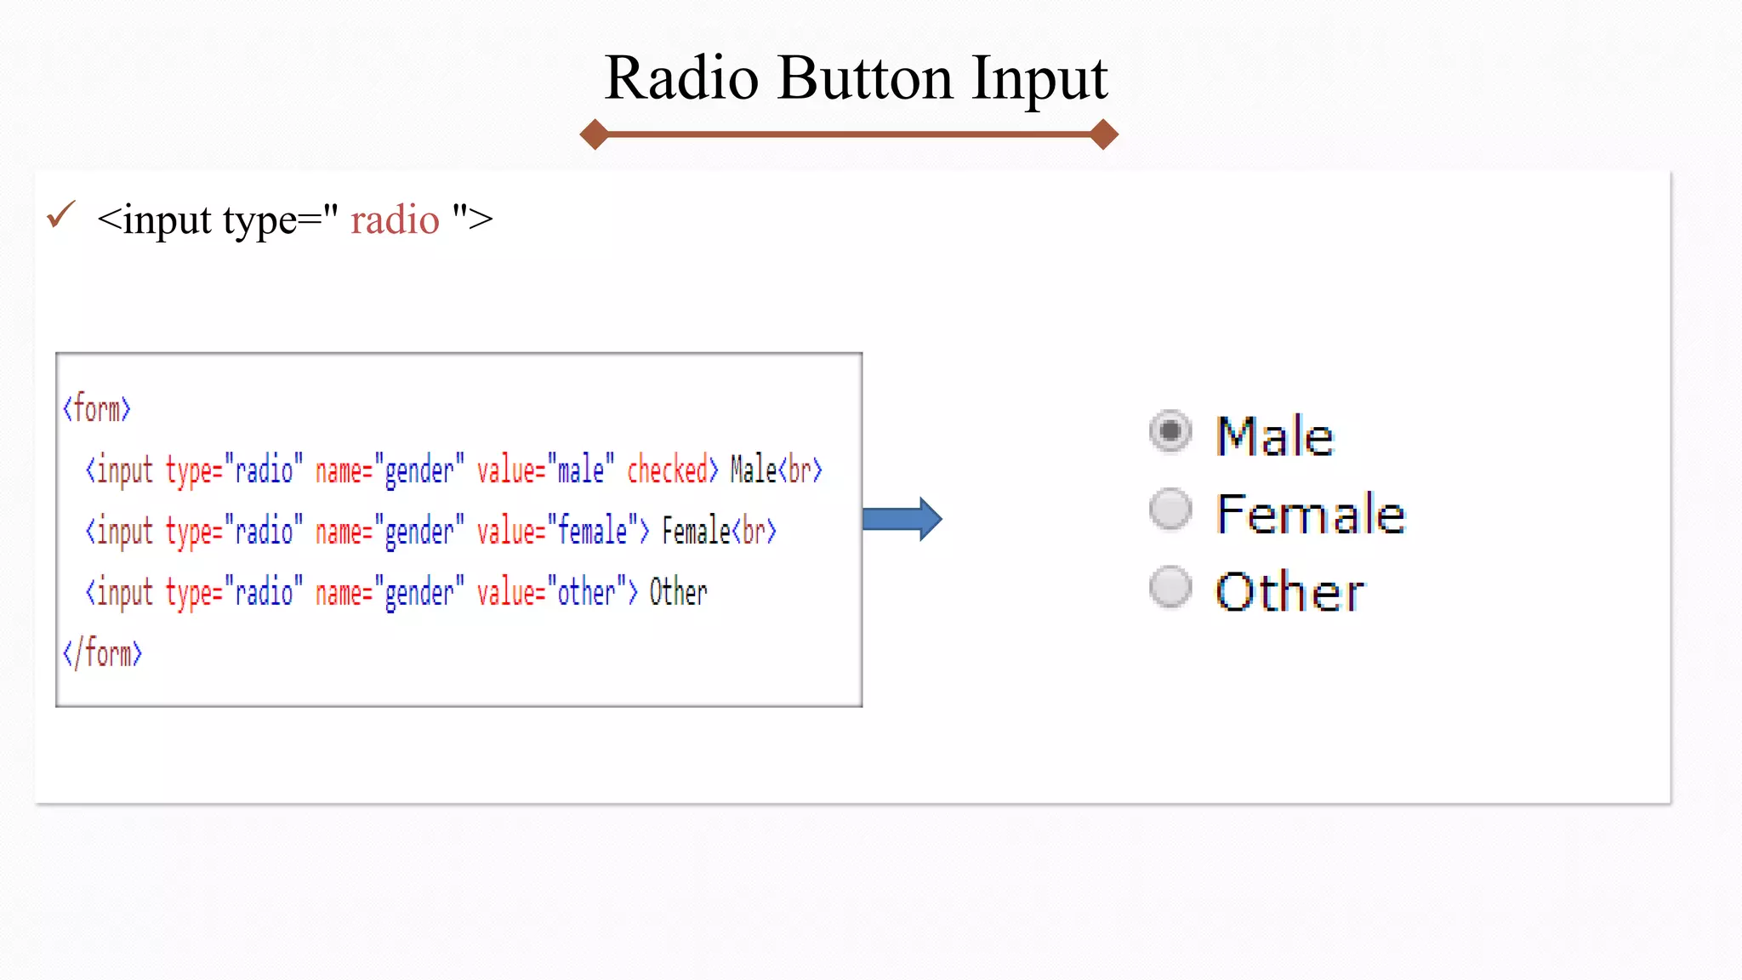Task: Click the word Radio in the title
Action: pyautogui.click(x=681, y=78)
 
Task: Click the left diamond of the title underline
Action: pyautogui.click(x=594, y=134)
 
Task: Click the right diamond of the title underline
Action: pyautogui.click(x=1103, y=134)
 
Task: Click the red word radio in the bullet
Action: pyautogui.click(x=395, y=219)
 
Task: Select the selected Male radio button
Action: pyautogui.click(x=1170, y=431)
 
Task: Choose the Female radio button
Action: pyautogui.click(x=1170, y=509)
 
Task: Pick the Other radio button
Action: pyautogui.click(x=1170, y=587)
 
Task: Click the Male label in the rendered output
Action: pyautogui.click(x=1274, y=436)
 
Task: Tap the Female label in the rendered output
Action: pyautogui.click(x=1310, y=514)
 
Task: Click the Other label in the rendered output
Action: pyautogui.click(x=1289, y=592)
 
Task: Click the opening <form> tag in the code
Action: pyautogui.click(x=97, y=409)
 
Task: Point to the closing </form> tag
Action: pyautogui.click(x=102, y=654)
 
